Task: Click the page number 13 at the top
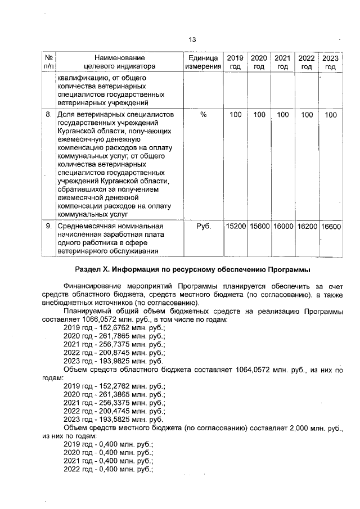pos(192,40)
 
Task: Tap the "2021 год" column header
pos(282,62)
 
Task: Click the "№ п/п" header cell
pos(48,62)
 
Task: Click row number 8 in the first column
pos(48,115)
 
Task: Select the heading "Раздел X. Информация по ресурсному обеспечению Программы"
pos(191,267)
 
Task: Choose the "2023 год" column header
pos(330,62)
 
